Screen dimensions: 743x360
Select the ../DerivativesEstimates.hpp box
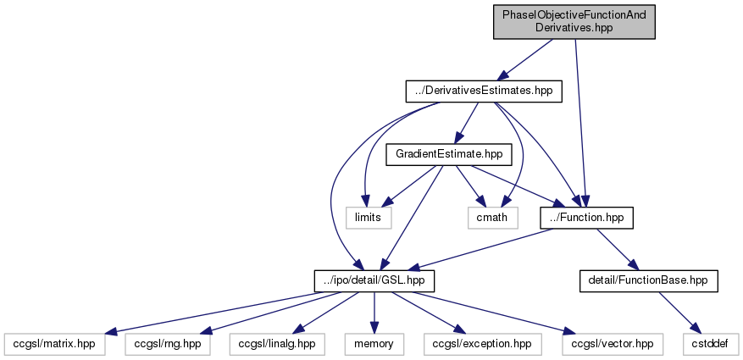[x=483, y=91]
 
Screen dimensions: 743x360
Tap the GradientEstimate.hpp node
[x=449, y=154]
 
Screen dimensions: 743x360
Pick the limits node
[x=369, y=218]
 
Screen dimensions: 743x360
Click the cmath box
[x=493, y=218]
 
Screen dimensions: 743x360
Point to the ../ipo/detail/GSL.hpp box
[x=374, y=280]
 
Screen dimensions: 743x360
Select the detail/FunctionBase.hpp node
[x=648, y=280]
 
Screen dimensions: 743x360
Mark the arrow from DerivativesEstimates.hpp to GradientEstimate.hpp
[x=466, y=122]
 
